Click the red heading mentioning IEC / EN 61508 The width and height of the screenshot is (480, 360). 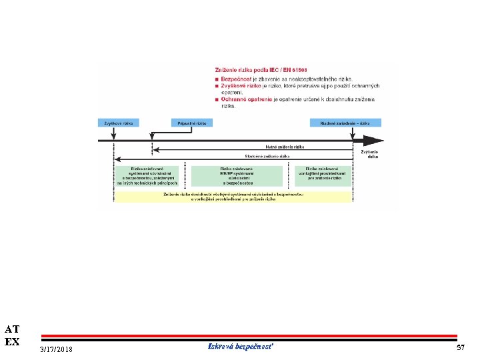click(261, 70)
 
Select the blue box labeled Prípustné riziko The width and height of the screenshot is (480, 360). click(192, 123)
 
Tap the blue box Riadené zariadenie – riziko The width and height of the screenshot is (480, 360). click(345, 123)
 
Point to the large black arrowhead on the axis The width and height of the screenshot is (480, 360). click(373, 141)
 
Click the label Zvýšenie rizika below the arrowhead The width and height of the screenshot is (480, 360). click(371, 154)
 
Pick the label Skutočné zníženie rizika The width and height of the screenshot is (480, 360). click(267, 155)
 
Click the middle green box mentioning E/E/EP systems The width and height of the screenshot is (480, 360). click(237, 175)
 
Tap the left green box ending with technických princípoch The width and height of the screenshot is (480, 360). click(147, 175)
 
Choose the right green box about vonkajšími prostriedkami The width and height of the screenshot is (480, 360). click(324, 175)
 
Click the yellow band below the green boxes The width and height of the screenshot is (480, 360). click(233, 197)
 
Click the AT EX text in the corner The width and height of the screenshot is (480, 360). click(12, 335)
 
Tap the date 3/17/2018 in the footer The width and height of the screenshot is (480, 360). click(57, 350)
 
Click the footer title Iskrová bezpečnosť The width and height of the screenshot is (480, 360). click(241, 347)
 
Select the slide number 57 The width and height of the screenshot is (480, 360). click(460, 348)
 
